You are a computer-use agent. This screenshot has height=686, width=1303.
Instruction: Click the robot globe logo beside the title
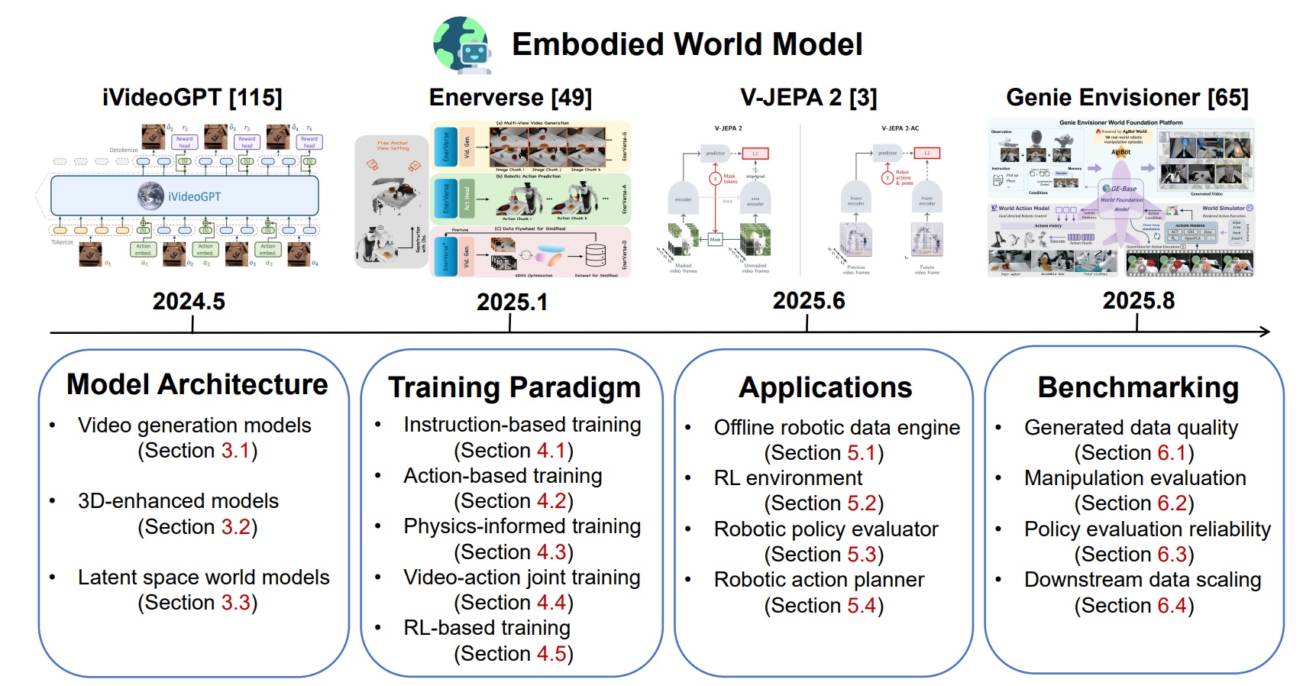tap(463, 45)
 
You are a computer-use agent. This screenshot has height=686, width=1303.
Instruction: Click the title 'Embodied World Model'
tap(687, 44)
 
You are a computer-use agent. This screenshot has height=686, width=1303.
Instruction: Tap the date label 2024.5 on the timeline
tap(189, 302)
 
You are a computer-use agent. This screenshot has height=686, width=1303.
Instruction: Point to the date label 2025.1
tap(512, 303)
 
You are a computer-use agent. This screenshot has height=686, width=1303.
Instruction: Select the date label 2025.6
tap(808, 301)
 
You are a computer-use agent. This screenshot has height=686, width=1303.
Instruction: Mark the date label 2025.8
tap(1138, 301)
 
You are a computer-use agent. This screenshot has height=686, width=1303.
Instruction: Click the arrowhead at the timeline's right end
tap(1265, 332)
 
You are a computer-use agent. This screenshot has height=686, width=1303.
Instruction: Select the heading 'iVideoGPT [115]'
tap(192, 98)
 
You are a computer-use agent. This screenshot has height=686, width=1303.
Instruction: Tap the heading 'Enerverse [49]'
tap(510, 98)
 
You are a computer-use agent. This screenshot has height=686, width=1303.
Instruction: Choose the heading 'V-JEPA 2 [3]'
tap(808, 98)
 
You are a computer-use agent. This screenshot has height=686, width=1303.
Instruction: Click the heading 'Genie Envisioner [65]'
tap(1127, 98)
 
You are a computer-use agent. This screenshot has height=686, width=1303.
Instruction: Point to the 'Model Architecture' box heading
tap(197, 384)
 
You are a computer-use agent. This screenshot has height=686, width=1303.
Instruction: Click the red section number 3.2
tap(236, 527)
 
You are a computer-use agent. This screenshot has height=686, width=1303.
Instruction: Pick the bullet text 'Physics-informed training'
tap(522, 526)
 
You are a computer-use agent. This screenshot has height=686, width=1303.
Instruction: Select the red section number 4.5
tap(551, 654)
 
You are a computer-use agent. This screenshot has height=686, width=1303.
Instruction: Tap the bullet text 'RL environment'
tap(787, 478)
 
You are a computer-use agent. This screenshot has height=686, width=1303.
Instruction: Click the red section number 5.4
tap(862, 606)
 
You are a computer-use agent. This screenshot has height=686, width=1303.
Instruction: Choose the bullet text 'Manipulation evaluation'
tap(1135, 478)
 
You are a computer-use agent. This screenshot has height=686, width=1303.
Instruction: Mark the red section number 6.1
tap(1172, 453)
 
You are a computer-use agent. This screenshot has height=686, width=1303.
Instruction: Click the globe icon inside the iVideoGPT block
tap(150, 196)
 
